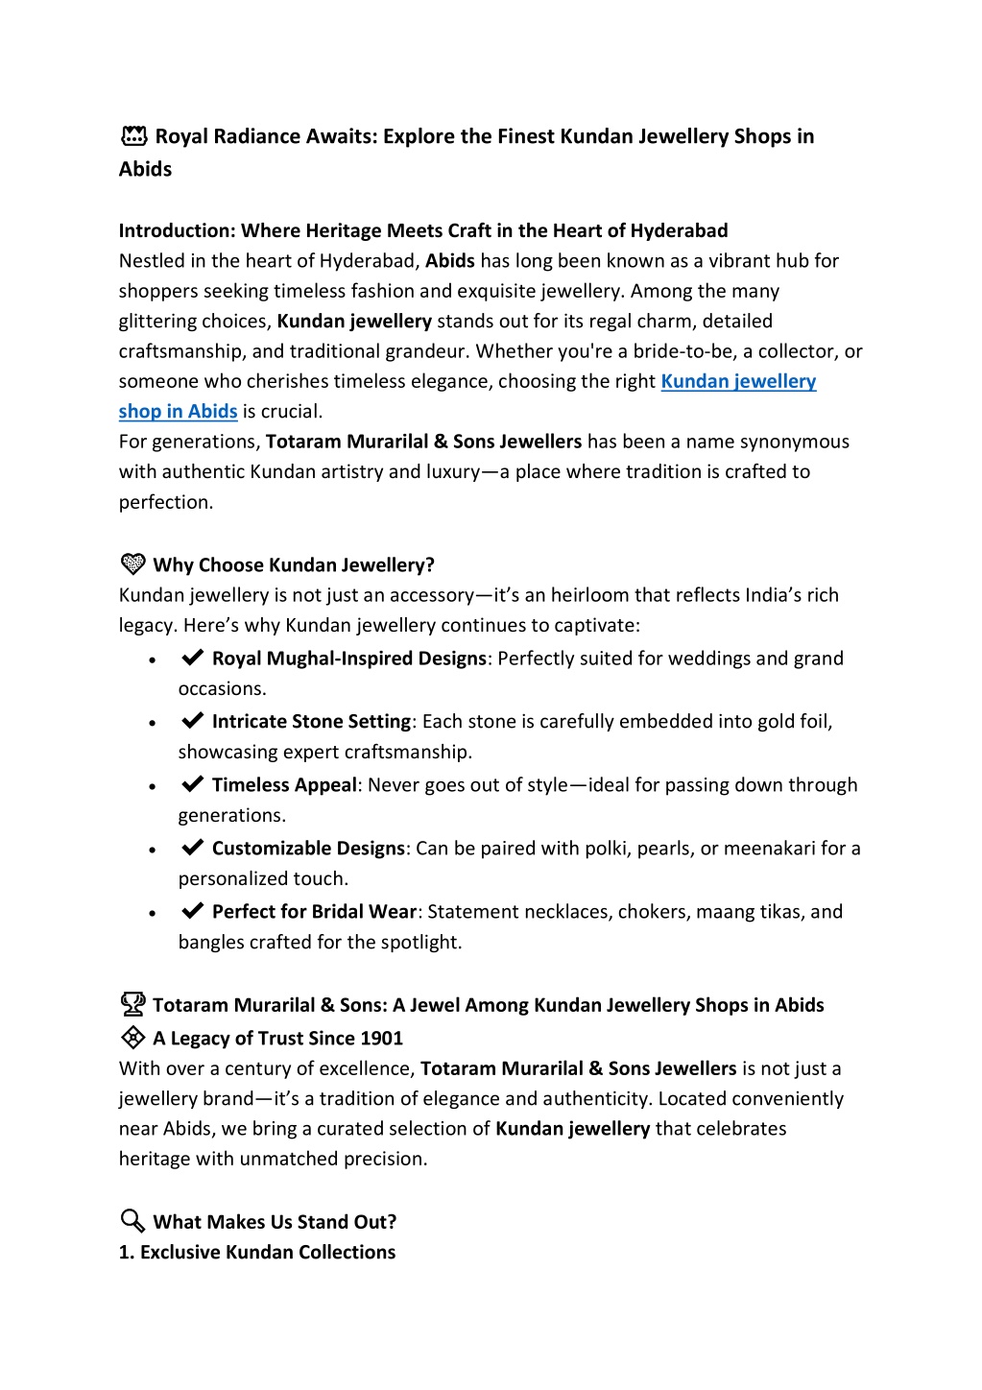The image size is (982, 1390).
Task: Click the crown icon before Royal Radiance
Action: coord(133,136)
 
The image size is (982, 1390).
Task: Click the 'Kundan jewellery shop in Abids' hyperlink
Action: coord(737,382)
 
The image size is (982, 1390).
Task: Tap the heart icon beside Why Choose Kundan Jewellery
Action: coord(132,563)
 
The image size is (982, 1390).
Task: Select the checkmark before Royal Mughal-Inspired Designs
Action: coord(192,658)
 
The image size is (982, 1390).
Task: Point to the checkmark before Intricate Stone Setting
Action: coord(192,721)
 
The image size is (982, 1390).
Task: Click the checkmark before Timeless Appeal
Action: coord(192,784)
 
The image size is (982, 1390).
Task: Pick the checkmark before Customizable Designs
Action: coord(192,848)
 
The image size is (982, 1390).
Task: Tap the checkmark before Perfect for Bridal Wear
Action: coord(192,911)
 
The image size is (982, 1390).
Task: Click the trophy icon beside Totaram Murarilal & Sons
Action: coord(132,1004)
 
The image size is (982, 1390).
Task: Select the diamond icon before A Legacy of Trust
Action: coord(132,1037)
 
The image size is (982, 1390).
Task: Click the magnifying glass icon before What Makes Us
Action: coord(132,1221)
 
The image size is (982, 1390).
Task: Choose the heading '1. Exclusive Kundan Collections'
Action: coord(257,1253)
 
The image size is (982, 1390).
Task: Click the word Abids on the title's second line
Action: coord(146,170)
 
